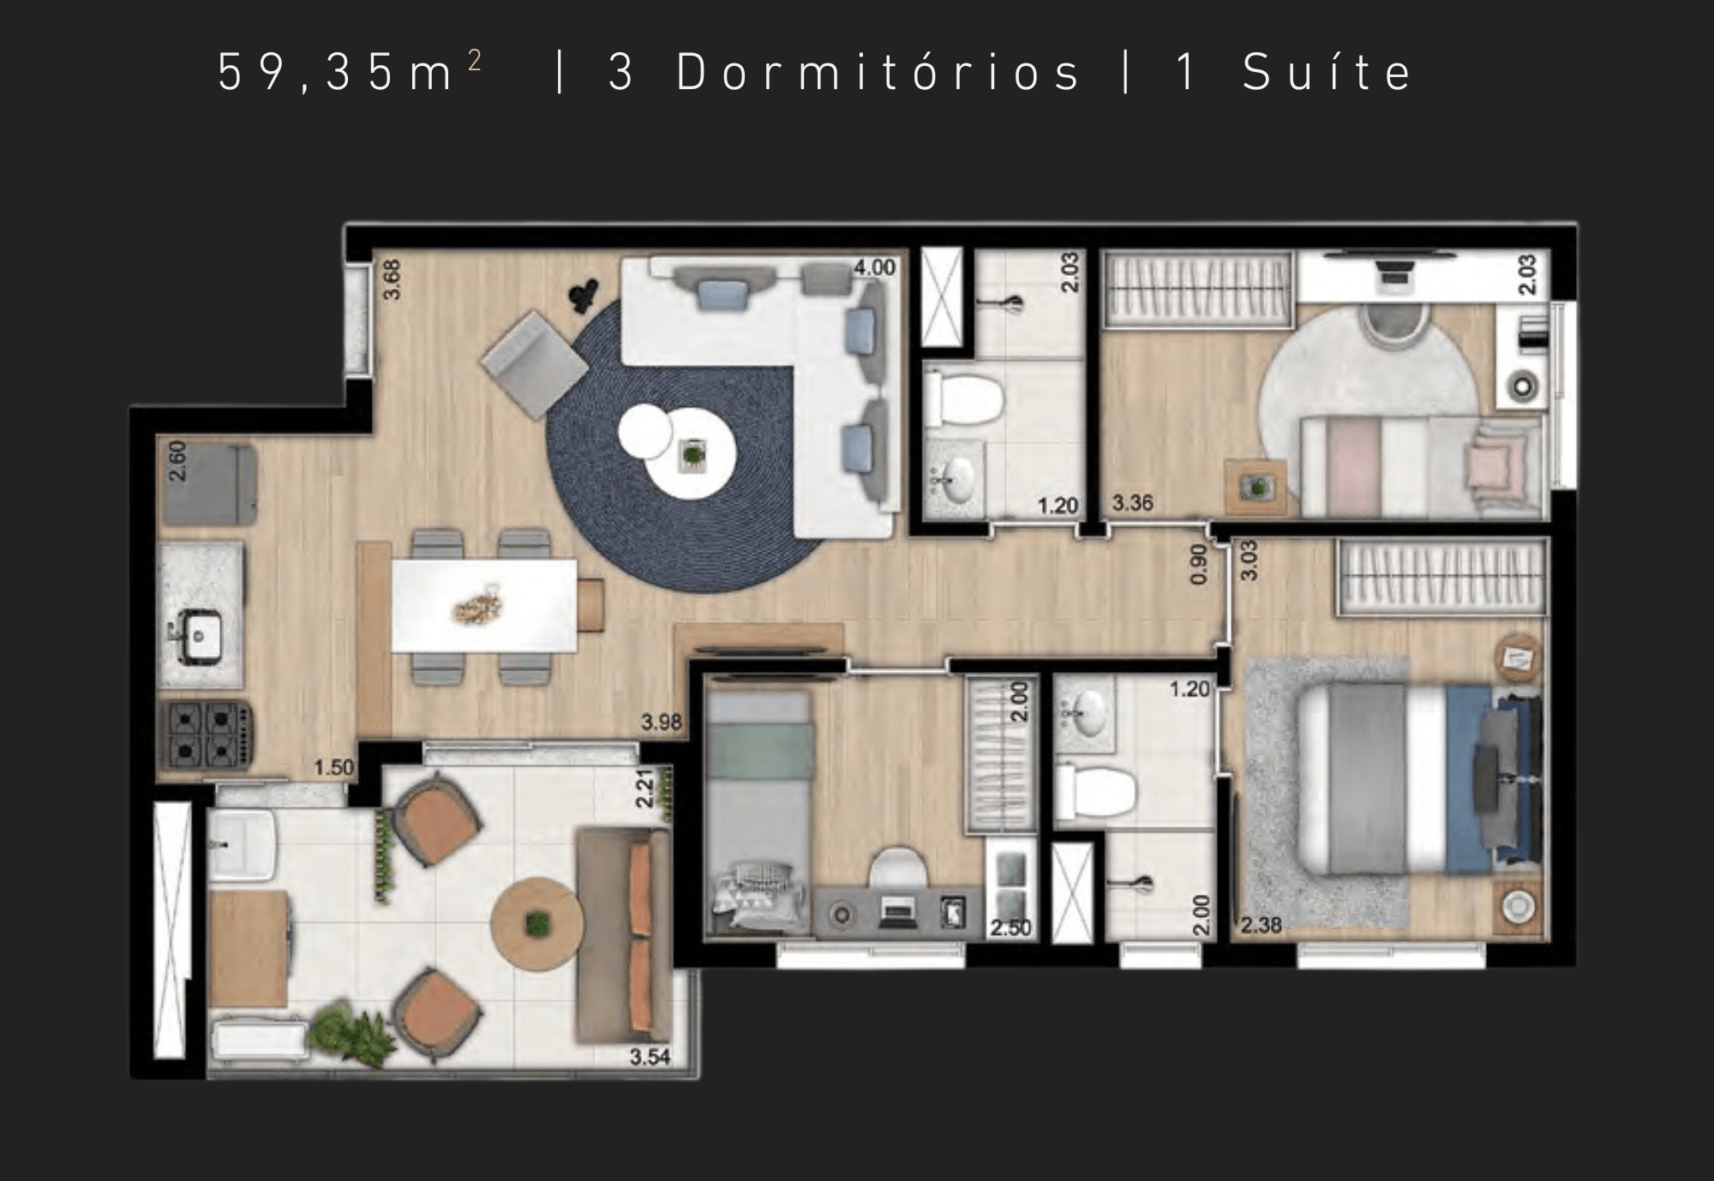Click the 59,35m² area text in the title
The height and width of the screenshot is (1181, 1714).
click(350, 71)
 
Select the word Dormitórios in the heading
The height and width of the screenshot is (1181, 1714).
click(878, 71)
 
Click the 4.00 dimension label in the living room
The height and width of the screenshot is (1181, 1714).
click(874, 267)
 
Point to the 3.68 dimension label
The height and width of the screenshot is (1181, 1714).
click(392, 279)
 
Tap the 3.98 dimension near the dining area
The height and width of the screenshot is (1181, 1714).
click(662, 722)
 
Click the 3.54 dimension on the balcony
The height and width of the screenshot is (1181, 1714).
click(650, 1057)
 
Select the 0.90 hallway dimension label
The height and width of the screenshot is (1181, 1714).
click(1199, 564)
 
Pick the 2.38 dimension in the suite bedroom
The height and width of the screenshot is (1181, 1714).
click(1262, 926)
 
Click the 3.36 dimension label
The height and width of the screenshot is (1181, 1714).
click(1132, 503)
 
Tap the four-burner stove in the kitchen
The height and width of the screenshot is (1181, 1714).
click(205, 734)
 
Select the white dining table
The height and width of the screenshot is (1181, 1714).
click(484, 606)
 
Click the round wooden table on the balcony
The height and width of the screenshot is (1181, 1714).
click(537, 924)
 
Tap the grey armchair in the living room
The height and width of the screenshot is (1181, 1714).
click(534, 364)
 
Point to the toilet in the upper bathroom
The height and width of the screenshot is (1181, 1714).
click(964, 398)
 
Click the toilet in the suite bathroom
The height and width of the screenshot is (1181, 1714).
click(1096, 792)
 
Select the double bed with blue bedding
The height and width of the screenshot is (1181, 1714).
click(1419, 777)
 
